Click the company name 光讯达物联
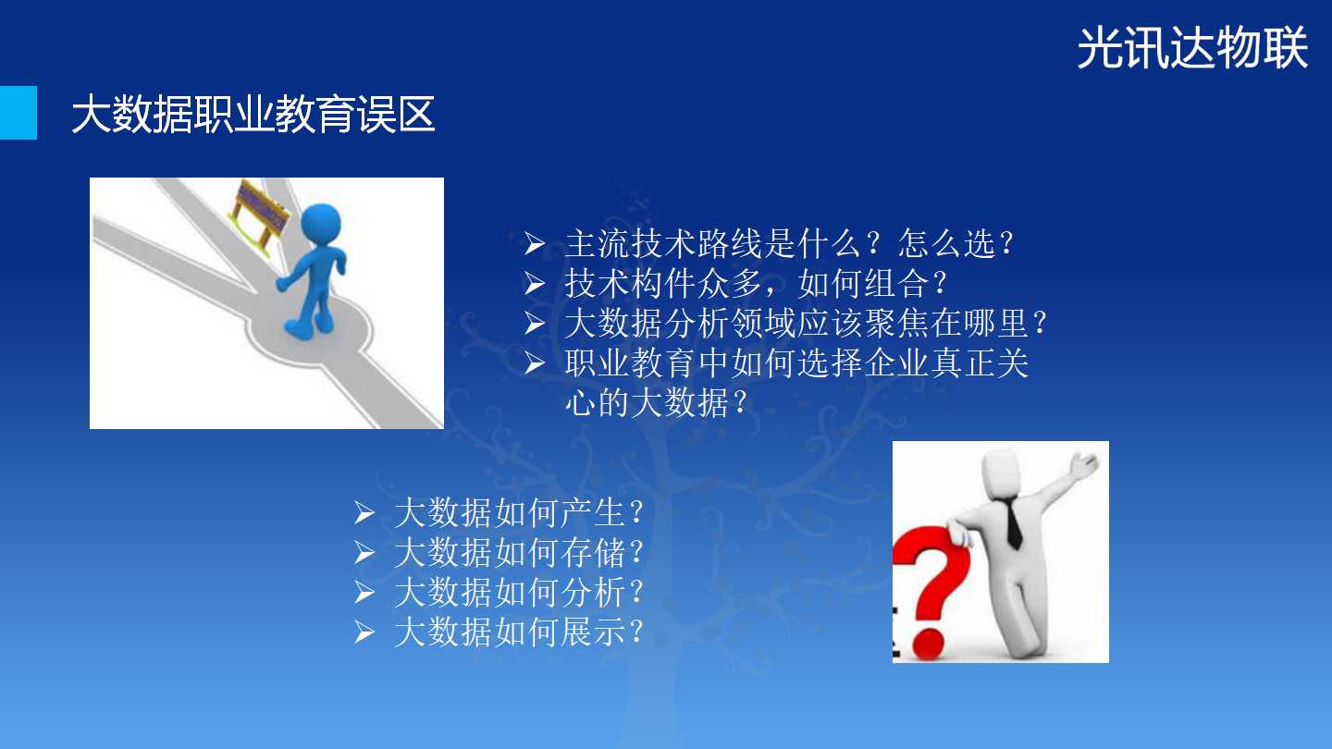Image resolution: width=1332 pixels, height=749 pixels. click(1192, 47)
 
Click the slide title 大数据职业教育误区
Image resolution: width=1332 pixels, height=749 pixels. click(253, 114)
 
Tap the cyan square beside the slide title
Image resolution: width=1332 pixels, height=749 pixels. click(18, 113)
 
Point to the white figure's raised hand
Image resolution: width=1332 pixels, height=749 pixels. click(1083, 463)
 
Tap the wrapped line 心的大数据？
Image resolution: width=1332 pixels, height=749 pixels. click(656, 402)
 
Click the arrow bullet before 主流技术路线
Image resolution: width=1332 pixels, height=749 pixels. click(535, 244)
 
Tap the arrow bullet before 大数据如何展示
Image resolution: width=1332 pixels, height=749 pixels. click(364, 632)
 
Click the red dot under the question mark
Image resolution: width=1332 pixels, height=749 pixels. click(928, 645)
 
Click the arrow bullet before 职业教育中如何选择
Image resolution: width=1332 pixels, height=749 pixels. click(535, 363)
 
